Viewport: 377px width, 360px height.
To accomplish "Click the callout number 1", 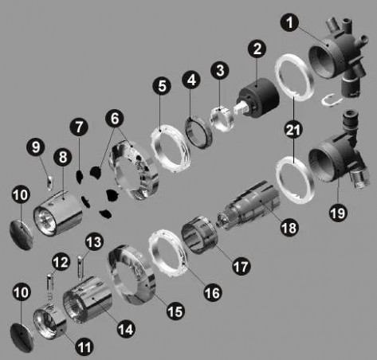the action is (290, 22).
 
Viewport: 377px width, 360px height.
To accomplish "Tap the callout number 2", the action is (257, 49).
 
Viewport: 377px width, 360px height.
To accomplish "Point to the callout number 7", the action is (79, 127).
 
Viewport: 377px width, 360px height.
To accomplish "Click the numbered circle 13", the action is (95, 242).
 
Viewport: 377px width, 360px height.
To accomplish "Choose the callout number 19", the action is (338, 213).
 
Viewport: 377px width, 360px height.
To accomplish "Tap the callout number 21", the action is (293, 130).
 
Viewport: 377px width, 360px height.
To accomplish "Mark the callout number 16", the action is (213, 293).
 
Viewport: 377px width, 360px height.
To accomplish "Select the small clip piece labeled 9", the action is (49, 182).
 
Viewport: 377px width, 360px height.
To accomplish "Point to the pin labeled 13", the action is (81, 268).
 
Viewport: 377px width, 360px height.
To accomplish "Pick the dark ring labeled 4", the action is (198, 132).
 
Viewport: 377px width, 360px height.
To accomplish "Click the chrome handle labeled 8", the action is (58, 213).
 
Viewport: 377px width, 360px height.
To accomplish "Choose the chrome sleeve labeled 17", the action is (199, 235).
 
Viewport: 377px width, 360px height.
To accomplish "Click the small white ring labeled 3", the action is (222, 118).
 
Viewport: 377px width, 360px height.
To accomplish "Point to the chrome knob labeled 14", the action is (88, 299).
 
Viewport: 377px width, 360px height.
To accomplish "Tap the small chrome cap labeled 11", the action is (49, 320).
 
